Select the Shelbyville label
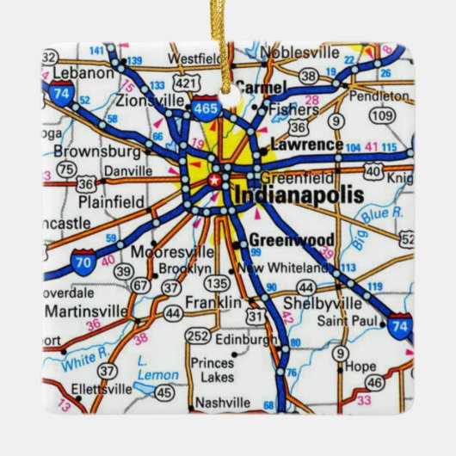[322, 304]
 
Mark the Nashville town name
[222, 402]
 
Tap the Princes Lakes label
[212, 369]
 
